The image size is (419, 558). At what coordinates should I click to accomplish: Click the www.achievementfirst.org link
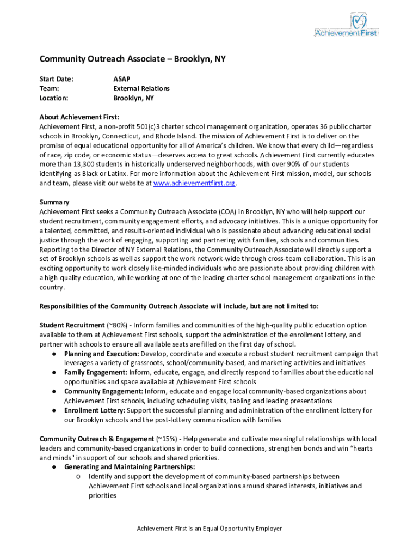194,184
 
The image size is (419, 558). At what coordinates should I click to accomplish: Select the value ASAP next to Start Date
121,78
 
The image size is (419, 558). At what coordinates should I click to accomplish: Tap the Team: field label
50,88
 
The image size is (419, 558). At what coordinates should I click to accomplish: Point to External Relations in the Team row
141,88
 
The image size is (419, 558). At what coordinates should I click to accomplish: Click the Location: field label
54,98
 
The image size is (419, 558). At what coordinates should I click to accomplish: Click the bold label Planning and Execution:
101,354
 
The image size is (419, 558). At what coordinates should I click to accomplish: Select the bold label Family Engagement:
96,372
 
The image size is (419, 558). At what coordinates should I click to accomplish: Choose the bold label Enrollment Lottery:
96,410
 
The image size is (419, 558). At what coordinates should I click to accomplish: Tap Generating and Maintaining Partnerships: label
130,467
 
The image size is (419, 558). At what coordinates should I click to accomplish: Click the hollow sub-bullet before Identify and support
79,477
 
